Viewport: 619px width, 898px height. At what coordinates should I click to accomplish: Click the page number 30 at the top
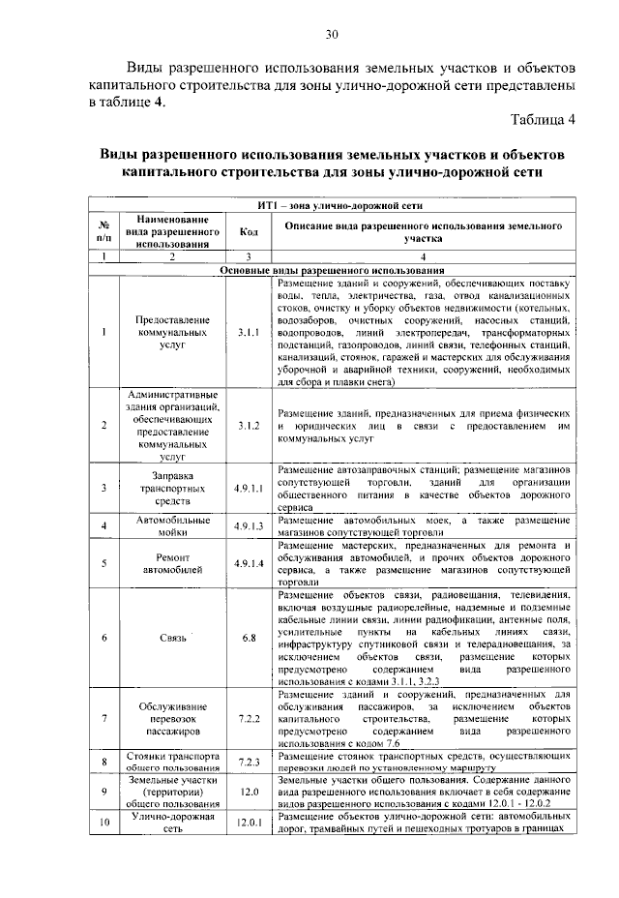click(331, 36)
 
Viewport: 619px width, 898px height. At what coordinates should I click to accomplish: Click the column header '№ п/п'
click(103, 232)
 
